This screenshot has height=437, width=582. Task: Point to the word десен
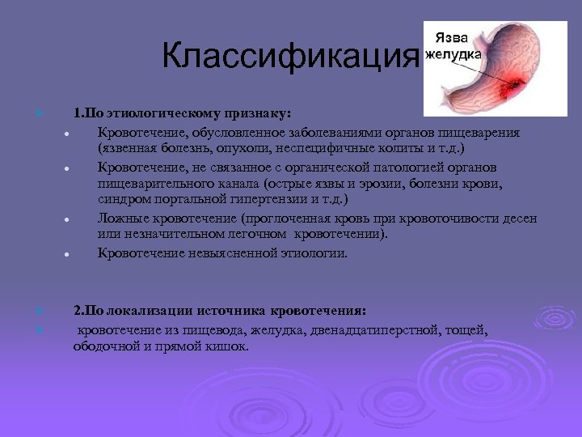point(518,218)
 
